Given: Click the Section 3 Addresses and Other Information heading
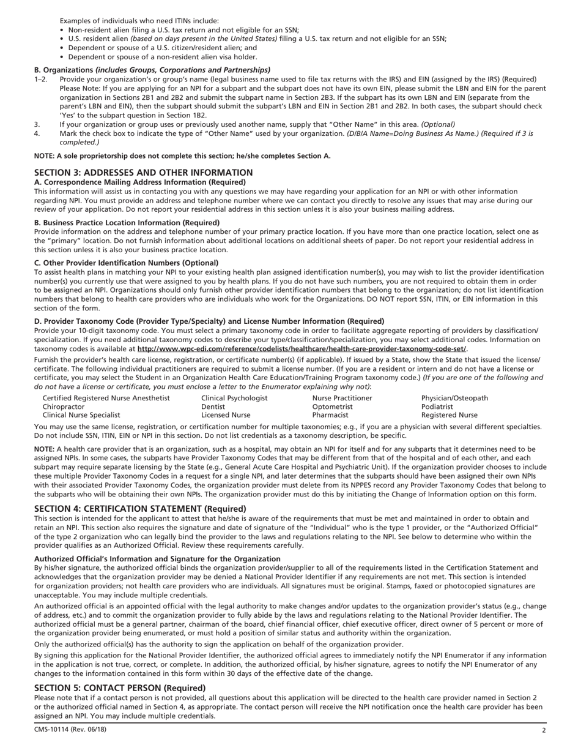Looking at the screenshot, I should click(143, 173).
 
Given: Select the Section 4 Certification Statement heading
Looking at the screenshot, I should click(140, 509).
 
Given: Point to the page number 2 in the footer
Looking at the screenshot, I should click(543, 730).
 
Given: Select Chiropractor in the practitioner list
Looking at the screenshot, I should click(64, 406).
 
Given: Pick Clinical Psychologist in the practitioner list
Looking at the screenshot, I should click(234, 399).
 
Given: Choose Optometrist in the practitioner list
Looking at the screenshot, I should click(332, 406).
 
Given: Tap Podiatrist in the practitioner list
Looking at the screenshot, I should click(437, 406).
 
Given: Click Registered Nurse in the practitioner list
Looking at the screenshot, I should click(450, 415).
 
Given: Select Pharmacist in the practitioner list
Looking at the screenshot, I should click(330, 415).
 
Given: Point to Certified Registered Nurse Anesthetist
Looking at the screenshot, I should click(106, 399).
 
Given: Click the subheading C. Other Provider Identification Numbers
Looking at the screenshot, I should click(126, 263).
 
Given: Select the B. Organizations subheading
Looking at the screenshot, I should click(152, 70).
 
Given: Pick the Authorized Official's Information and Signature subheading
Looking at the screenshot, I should click(157, 559).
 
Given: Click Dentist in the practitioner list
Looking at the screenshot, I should click(213, 406).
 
